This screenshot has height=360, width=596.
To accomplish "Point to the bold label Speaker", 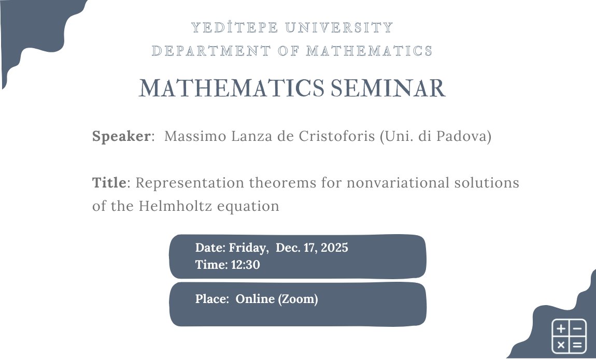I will [121, 137].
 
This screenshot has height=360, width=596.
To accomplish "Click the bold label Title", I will [109, 183].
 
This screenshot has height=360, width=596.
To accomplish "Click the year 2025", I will [334, 248].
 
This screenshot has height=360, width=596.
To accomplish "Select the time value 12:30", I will [246, 265].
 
